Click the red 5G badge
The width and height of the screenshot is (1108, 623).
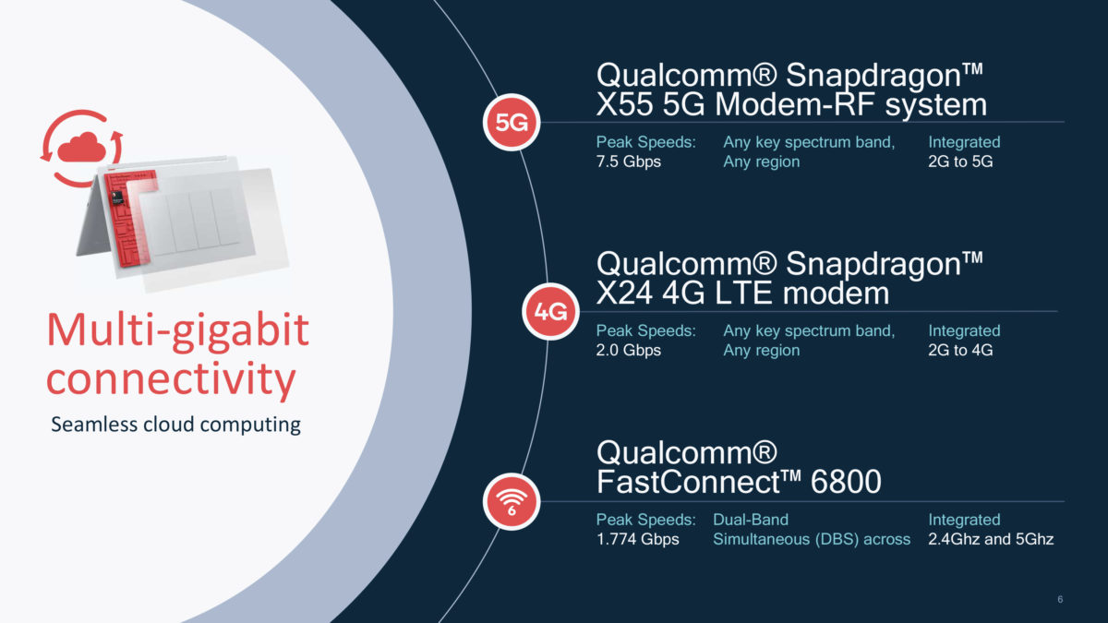click(512, 123)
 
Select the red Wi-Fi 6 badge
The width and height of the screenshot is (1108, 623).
click(511, 503)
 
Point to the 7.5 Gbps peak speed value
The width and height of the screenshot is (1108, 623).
click(629, 162)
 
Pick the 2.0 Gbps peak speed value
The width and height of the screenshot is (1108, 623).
click(629, 351)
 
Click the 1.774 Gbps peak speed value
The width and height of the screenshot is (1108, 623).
click(638, 539)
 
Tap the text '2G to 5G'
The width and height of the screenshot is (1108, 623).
click(960, 162)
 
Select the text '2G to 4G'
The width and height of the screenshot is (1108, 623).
click(960, 351)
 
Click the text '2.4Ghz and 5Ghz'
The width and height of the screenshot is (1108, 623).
click(991, 539)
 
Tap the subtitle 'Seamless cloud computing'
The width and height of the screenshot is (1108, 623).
click(175, 425)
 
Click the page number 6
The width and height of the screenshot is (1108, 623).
click(1060, 601)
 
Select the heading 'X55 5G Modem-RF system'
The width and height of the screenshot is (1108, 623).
click(791, 104)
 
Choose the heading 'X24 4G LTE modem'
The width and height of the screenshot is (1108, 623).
click(742, 294)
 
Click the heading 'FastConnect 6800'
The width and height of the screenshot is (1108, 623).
click(739, 482)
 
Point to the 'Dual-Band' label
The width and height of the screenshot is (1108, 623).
click(751, 520)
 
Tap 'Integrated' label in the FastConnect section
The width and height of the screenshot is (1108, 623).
click(964, 520)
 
